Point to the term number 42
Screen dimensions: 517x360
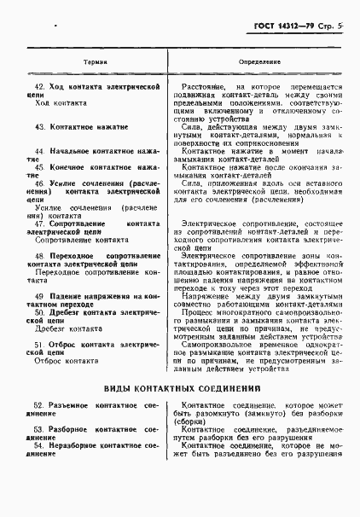point(38,87)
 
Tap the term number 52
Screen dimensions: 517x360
point(38,403)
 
